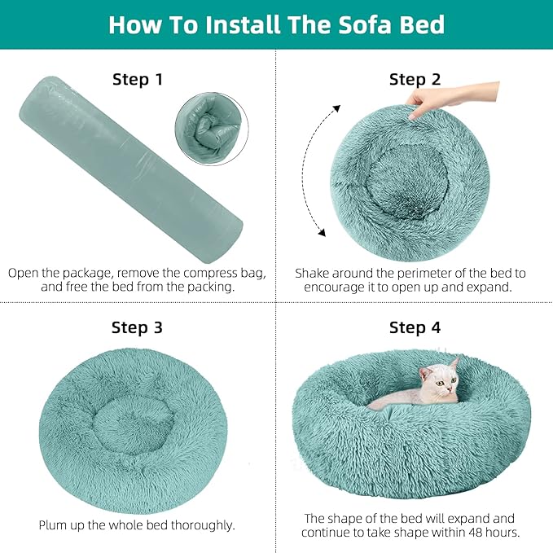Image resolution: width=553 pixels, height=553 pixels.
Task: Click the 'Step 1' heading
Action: (137, 80)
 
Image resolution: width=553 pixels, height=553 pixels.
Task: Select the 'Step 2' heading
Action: (415, 80)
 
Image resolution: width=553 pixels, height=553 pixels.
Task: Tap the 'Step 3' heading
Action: (137, 327)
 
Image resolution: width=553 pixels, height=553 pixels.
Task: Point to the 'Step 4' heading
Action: (415, 327)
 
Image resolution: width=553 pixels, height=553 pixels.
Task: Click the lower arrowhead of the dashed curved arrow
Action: (322, 234)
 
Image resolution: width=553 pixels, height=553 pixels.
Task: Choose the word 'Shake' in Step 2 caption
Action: (314, 273)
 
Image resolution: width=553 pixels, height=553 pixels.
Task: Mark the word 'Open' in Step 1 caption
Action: (24, 273)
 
